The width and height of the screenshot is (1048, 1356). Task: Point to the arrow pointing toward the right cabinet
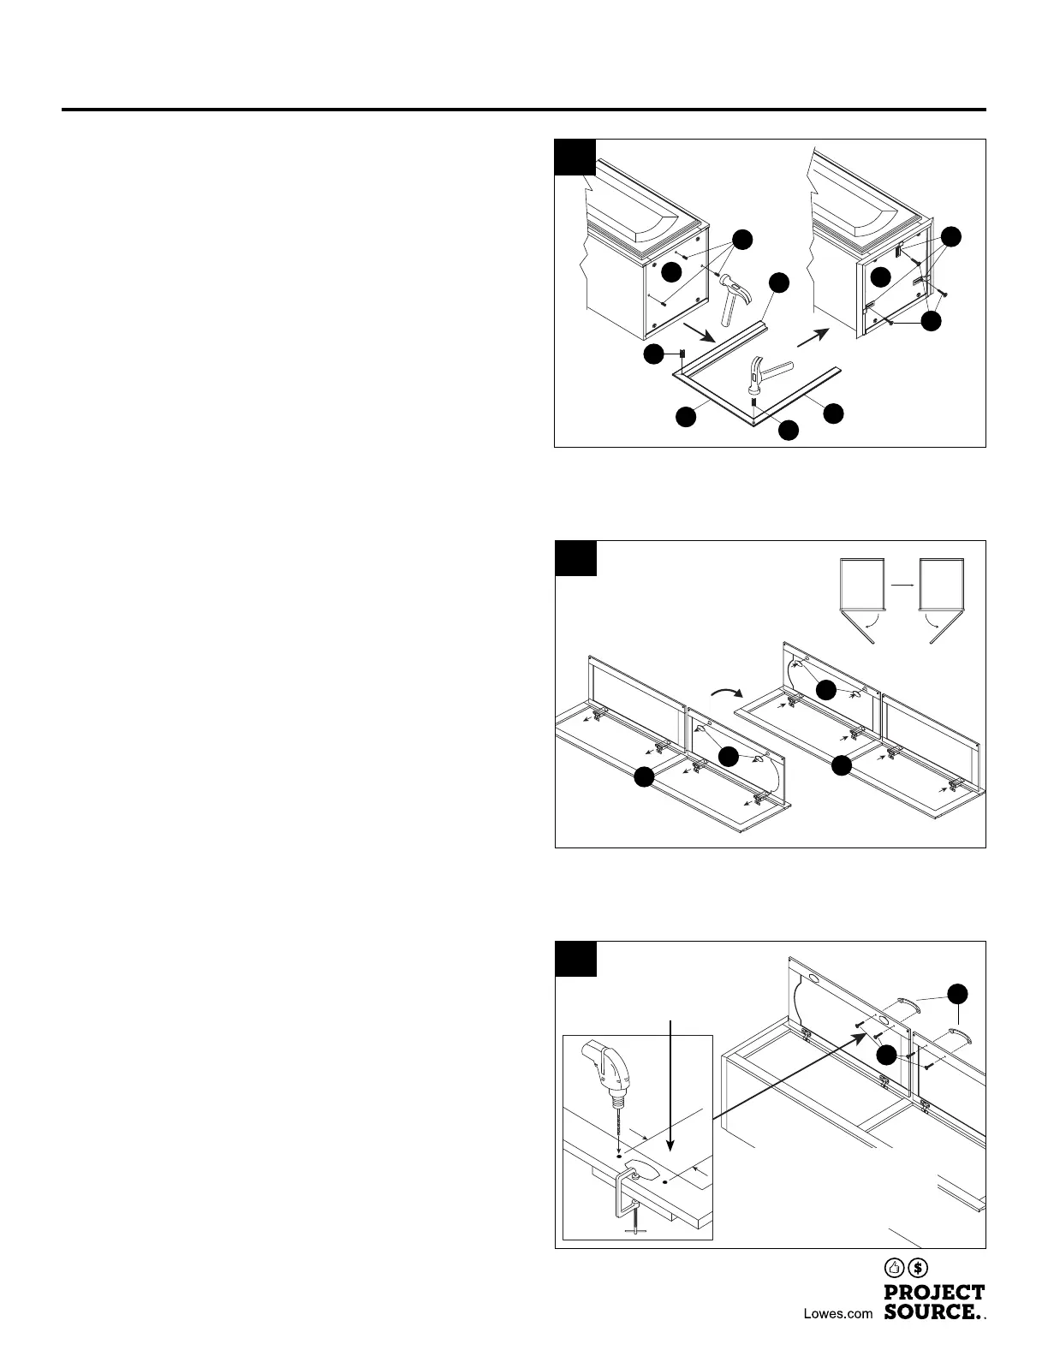pos(813,336)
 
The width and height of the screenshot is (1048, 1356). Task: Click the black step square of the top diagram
pos(575,157)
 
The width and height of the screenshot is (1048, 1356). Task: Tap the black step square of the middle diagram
pos(575,557)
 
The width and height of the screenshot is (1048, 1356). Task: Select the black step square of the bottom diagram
pos(575,958)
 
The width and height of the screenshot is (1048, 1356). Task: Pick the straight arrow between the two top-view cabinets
pos(902,585)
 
